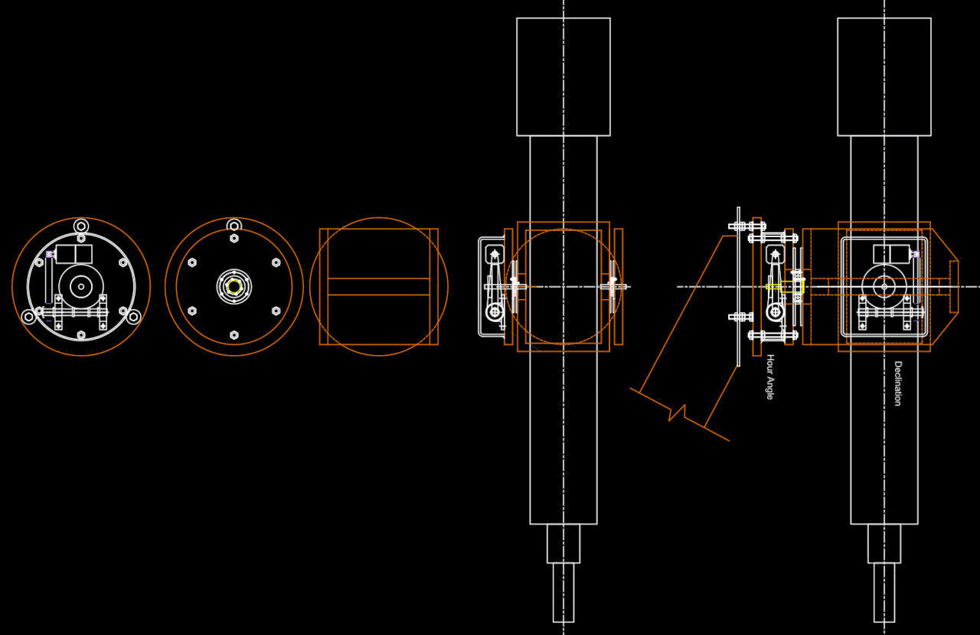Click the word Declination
tap(898, 383)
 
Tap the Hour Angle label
tap(770, 377)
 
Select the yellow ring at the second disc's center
tap(234, 287)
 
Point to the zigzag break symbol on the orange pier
tap(678, 413)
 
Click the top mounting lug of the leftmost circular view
tap(81, 226)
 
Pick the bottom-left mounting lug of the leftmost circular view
tap(29, 317)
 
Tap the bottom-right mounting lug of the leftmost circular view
tap(133, 317)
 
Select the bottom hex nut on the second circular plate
tap(234, 335)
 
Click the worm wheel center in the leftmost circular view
tap(81, 287)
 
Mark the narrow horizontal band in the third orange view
tap(379, 287)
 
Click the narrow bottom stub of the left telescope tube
tap(563, 592)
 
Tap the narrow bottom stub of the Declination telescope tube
tap(884, 592)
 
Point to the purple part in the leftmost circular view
tap(49, 254)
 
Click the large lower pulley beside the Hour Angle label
tap(775, 312)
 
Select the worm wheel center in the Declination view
tap(884, 287)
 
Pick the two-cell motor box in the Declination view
tap(891, 254)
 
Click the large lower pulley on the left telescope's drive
tap(495, 312)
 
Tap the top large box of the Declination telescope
tap(884, 77)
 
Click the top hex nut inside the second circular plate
tap(234, 239)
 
